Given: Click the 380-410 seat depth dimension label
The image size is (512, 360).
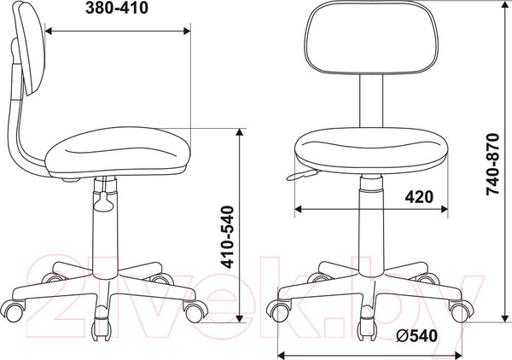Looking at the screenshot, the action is coord(117,9).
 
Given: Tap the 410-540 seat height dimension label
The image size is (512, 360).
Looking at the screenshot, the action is coord(227,237).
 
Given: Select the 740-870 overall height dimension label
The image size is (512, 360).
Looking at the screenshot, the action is coord(492,164).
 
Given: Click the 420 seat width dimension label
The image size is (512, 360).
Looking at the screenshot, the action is coord(419,197).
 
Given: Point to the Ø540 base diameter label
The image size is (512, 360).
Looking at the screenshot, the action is coord(416,335).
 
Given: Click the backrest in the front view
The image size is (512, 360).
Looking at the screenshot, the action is coord(371,37).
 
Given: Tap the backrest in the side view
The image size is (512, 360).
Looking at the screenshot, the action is coord(29,49).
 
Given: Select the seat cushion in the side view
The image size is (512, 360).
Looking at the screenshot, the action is coord(118,152).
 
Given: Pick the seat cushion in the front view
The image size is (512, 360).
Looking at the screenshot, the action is coord(371,150).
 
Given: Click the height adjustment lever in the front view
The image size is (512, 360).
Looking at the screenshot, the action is coord(302,175).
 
